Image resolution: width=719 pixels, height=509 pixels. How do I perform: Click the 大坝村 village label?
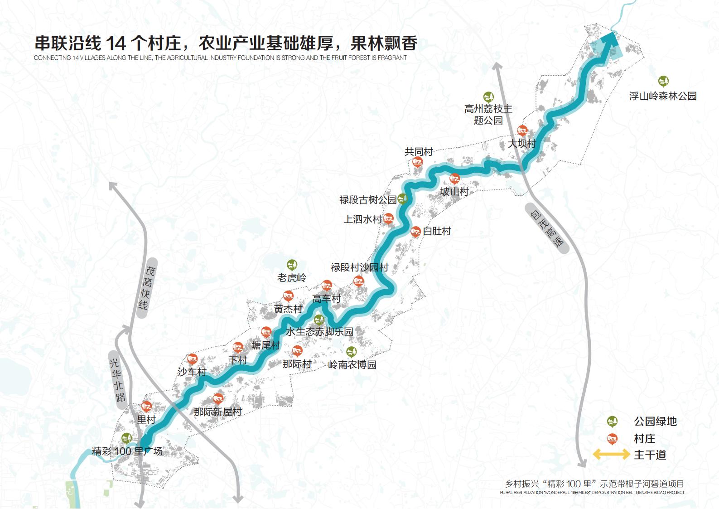pyautogui.click(x=522, y=144)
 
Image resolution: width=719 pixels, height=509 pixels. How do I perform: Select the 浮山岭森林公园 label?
pyautogui.click(x=662, y=96)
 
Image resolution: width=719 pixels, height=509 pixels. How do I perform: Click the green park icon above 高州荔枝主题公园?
pyautogui.click(x=488, y=97)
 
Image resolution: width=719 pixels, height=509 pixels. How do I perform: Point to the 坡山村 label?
pyautogui.click(x=454, y=192)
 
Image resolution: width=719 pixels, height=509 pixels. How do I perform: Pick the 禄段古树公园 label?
pyautogui.click(x=367, y=199)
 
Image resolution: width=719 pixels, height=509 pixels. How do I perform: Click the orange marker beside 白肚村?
pyautogui.click(x=415, y=231)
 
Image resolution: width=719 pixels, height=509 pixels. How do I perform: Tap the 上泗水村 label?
pyautogui.click(x=362, y=219)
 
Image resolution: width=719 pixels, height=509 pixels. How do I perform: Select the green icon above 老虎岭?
pyautogui.click(x=292, y=265)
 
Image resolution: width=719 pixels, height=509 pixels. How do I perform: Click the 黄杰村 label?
pyautogui.click(x=288, y=309)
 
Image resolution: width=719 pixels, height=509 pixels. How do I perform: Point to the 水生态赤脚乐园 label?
pyautogui.click(x=319, y=332)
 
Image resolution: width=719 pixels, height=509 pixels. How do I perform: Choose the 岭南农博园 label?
pyautogui.click(x=352, y=364)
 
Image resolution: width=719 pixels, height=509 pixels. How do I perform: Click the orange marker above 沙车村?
pyautogui.click(x=193, y=359)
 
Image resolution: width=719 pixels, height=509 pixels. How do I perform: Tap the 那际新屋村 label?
pyautogui.click(x=217, y=412)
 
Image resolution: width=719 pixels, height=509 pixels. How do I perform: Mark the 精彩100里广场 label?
pyautogui.click(x=127, y=451)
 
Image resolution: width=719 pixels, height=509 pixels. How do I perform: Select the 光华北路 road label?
pyautogui.click(x=117, y=380)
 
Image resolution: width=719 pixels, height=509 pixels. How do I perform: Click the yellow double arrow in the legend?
pyautogui.click(x=611, y=455)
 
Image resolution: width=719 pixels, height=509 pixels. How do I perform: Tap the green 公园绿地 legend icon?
pyautogui.click(x=612, y=422)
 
